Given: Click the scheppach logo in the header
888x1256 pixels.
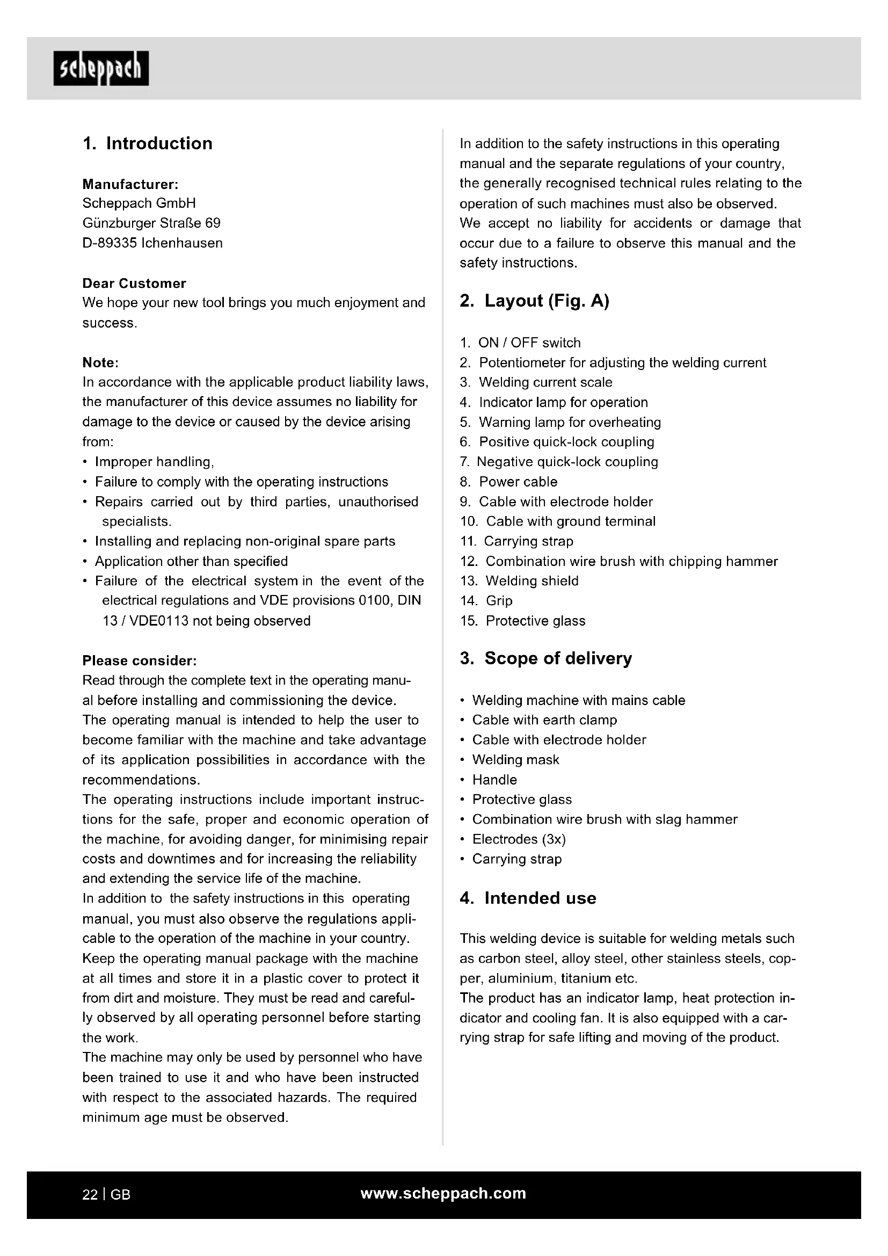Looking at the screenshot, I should coord(101,68).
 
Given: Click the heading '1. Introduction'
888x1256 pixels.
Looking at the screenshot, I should coord(148,143).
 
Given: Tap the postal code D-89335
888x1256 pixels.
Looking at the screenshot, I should coord(110,243).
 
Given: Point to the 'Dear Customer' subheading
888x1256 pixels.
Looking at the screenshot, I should coord(134,284).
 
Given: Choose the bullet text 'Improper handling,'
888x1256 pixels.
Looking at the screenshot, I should coord(154,462).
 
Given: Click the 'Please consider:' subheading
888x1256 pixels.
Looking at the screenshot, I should coord(140,661).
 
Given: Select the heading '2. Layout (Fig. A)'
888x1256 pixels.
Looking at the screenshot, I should coord(534,301).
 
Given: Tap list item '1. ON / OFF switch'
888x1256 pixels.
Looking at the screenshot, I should coord(520,343).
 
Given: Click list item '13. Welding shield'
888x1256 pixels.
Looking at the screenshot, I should coord(519,581).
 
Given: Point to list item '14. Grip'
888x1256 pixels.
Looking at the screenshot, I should coord(486,601).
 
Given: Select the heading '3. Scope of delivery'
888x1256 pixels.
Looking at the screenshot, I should coord(545,658).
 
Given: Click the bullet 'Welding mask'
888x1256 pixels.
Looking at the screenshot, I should coord(515,760).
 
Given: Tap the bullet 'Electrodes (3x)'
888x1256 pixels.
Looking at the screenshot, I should coord(519,839).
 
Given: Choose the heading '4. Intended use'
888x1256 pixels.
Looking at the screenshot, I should coord(528,898).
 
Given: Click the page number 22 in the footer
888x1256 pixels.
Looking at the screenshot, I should coord(90,1195).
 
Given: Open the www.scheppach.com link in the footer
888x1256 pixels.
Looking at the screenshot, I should coord(443,1194).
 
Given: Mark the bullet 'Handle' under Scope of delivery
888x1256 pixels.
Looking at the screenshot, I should coord(494,780).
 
